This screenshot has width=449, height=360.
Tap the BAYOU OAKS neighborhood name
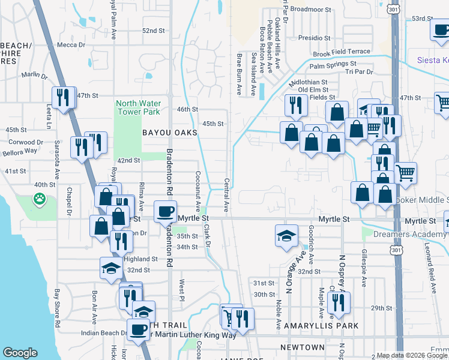tap(169, 133)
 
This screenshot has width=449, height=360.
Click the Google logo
tap(20, 353)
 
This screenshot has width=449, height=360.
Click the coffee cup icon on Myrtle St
tap(165, 211)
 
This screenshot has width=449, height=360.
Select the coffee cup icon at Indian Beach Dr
tap(139, 329)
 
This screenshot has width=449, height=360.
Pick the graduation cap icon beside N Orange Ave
tap(286, 235)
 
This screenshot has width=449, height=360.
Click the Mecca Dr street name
tap(71, 45)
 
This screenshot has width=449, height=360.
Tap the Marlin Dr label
tap(34, 75)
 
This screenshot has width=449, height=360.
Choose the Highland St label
tap(140, 259)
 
